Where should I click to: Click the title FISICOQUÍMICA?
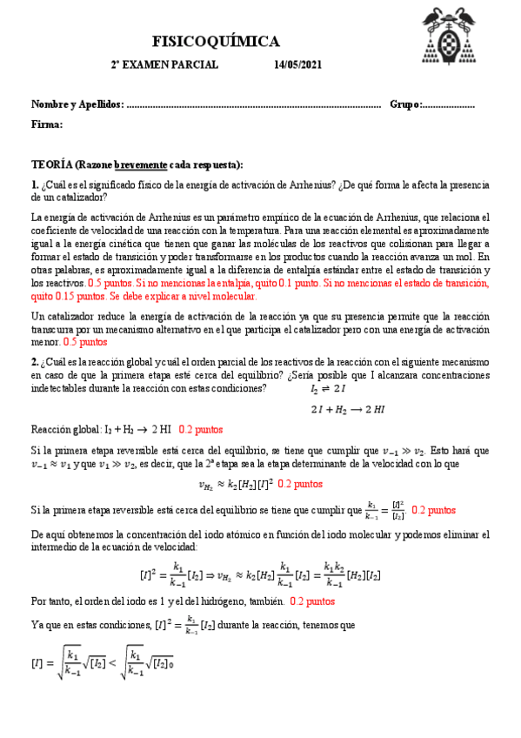point(216,41)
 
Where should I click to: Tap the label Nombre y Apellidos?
point(77,104)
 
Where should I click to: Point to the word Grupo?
point(404,104)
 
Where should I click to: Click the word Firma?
point(46,124)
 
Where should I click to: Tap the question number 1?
point(33,184)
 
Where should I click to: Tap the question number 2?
point(33,362)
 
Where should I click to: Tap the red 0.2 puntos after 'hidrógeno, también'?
point(312,601)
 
